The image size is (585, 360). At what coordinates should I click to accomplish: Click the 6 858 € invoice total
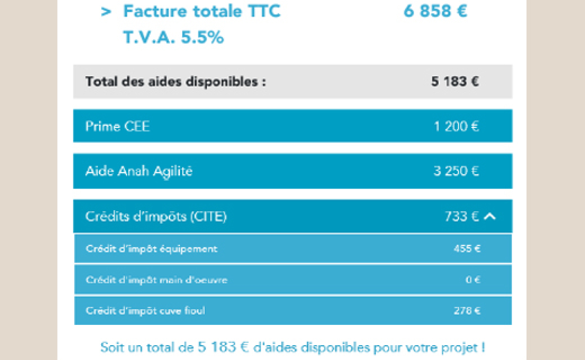click(435, 11)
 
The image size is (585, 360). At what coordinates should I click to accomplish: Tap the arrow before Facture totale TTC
click(106, 12)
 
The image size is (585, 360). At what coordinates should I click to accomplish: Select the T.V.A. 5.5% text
click(173, 37)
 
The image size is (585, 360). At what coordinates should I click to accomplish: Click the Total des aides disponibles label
click(175, 82)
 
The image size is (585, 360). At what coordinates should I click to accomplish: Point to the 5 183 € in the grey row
click(455, 81)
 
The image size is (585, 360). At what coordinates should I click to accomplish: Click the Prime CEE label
click(117, 126)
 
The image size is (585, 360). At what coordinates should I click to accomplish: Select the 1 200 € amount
click(456, 126)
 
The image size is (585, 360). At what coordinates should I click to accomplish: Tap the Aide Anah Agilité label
click(139, 171)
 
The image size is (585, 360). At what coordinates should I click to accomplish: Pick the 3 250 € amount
click(456, 171)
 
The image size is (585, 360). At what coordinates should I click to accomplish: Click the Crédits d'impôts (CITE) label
click(156, 216)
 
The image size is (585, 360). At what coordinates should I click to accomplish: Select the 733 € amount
click(462, 216)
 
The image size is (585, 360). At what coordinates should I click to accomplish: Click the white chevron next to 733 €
click(490, 216)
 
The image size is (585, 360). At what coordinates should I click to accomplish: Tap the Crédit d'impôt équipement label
click(152, 249)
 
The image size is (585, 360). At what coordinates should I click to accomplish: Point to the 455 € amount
click(467, 248)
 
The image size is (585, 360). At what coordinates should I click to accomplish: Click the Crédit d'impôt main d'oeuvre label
click(157, 280)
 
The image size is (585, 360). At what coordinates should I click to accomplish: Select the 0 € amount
click(472, 280)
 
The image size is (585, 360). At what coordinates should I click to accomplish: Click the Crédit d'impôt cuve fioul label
click(145, 310)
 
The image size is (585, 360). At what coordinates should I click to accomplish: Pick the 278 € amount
click(467, 310)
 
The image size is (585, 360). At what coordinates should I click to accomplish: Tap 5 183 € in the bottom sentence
click(223, 347)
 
